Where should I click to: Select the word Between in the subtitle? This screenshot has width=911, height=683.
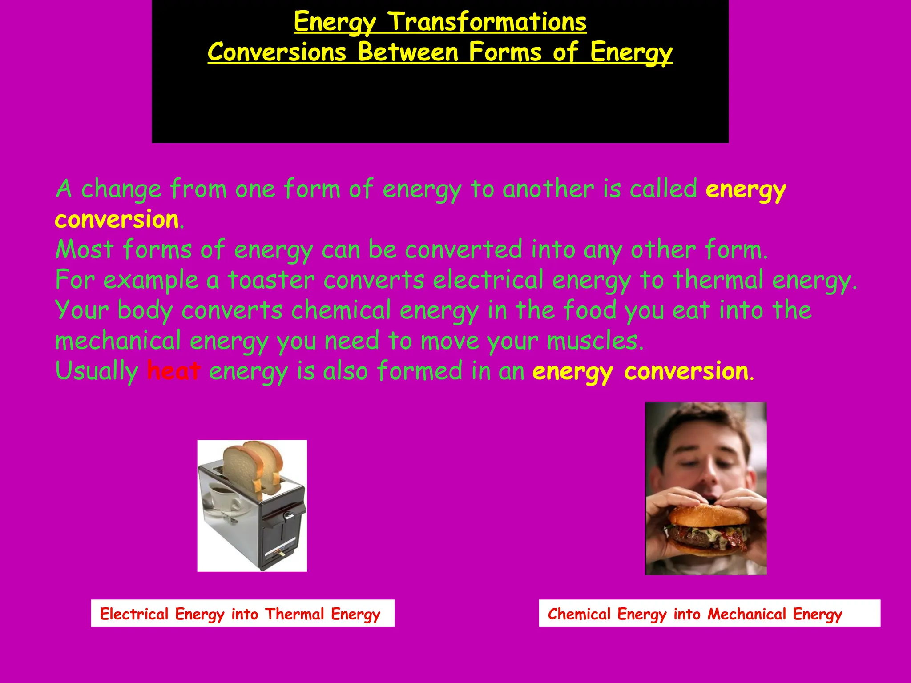point(407,52)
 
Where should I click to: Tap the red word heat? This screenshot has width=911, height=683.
point(173,371)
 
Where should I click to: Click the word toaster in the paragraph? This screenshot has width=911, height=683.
point(271,280)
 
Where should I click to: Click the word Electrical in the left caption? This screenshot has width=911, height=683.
point(134,614)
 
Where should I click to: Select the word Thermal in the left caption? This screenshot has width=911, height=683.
point(294,614)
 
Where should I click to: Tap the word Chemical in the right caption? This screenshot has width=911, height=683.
point(579,614)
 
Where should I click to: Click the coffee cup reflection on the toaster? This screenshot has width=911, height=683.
point(222,498)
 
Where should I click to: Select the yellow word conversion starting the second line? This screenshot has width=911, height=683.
point(117,220)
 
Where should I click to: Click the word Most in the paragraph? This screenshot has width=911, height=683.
point(85,250)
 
